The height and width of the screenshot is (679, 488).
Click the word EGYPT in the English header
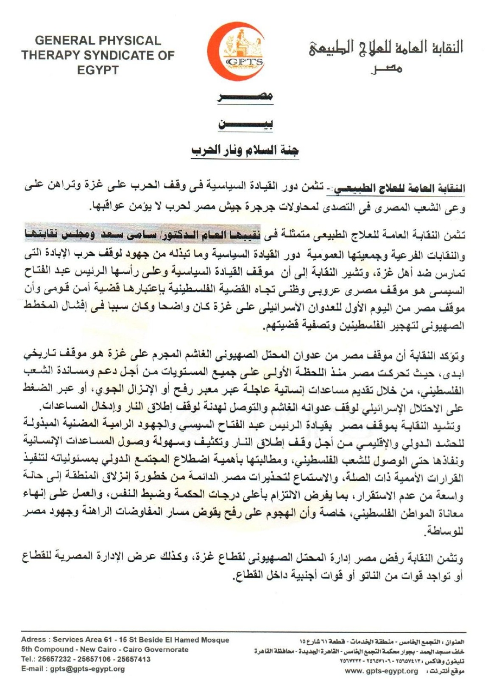coord(98,70)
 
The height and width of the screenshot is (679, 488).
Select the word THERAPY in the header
coord(49,55)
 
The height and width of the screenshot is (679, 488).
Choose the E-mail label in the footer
coord(34,669)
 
